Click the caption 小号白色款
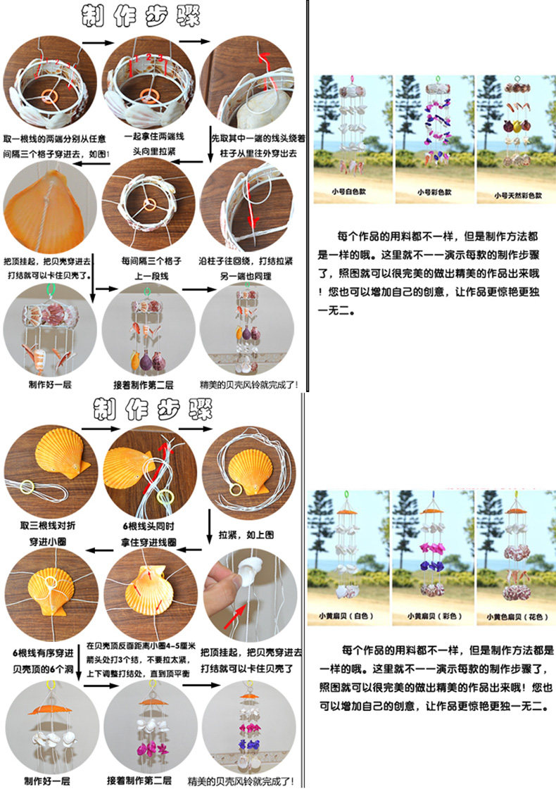[x=351, y=191]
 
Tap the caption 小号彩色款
[x=431, y=191]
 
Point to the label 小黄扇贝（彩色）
[x=430, y=616]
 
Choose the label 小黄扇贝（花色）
[x=512, y=616]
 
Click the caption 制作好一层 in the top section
[x=50, y=385]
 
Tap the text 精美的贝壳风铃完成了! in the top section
[x=249, y=385]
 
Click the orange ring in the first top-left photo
[x=49, y=94]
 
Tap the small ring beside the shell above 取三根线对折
[x=27, y=485]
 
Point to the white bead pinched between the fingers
[x=247, y=573]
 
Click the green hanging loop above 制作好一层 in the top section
[x=49, y=289]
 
